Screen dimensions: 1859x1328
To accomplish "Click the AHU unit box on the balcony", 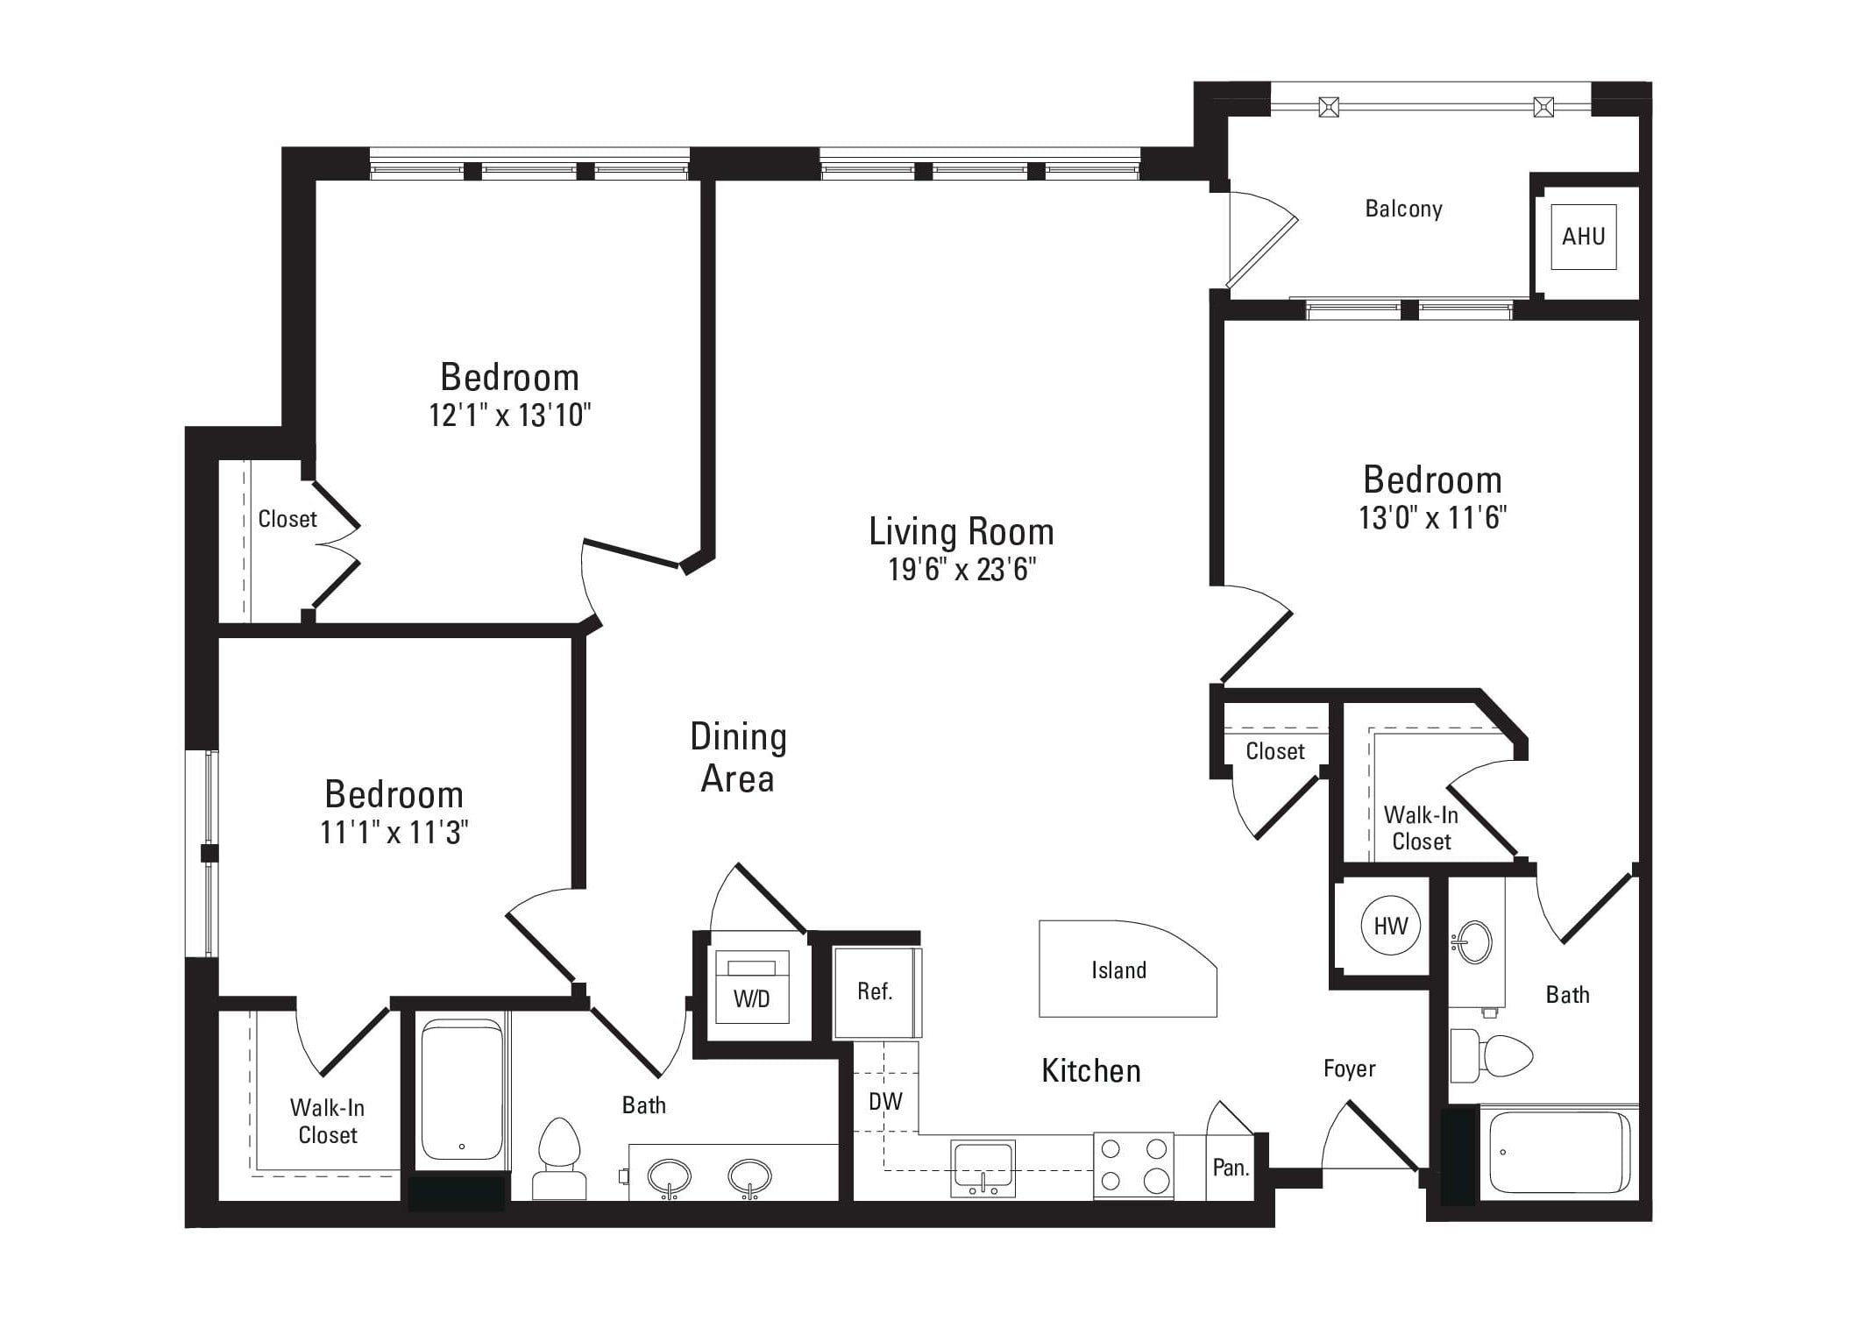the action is point(1583,236).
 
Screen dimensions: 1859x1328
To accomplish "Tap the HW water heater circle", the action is point(1390,925).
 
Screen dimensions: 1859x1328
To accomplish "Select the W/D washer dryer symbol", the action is point(752,985).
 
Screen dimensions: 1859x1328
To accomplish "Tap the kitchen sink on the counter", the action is point(983,1168).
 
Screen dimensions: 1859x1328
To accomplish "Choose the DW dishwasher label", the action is point(885,1102).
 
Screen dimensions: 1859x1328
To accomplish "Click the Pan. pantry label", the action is point(1231,1168).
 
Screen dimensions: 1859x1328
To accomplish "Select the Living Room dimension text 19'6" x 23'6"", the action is point(961,570).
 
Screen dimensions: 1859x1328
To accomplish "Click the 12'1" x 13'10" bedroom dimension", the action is point(510,415).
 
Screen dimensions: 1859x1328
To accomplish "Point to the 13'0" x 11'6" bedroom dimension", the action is point(1432,517).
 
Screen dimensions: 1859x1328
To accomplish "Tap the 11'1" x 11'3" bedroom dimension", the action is point(394,832).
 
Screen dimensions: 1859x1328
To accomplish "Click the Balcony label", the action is point(1403,209).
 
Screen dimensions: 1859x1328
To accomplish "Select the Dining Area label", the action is point(738,757).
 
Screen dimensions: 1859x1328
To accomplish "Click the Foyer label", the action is point(1349,1069).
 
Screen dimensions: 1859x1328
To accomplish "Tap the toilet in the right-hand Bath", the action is point(1490,1055).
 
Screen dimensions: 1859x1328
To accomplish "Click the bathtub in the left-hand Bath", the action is point(462,1090).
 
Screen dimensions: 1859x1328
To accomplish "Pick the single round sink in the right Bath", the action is point(1472,942).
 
